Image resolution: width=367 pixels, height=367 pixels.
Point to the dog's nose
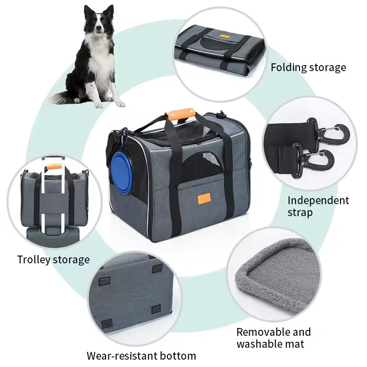pos(100,28)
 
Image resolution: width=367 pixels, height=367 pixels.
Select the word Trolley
pos(33,260)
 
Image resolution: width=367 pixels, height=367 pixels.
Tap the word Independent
pos(318,200)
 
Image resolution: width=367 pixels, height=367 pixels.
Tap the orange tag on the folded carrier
pos(224,37)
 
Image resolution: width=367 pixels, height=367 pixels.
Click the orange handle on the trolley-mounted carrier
pos(54,167)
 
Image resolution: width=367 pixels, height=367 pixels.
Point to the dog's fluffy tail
pos(62,98)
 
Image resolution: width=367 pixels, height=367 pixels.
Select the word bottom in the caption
pos(178,356)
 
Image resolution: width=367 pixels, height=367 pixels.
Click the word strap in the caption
pos(300,213)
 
